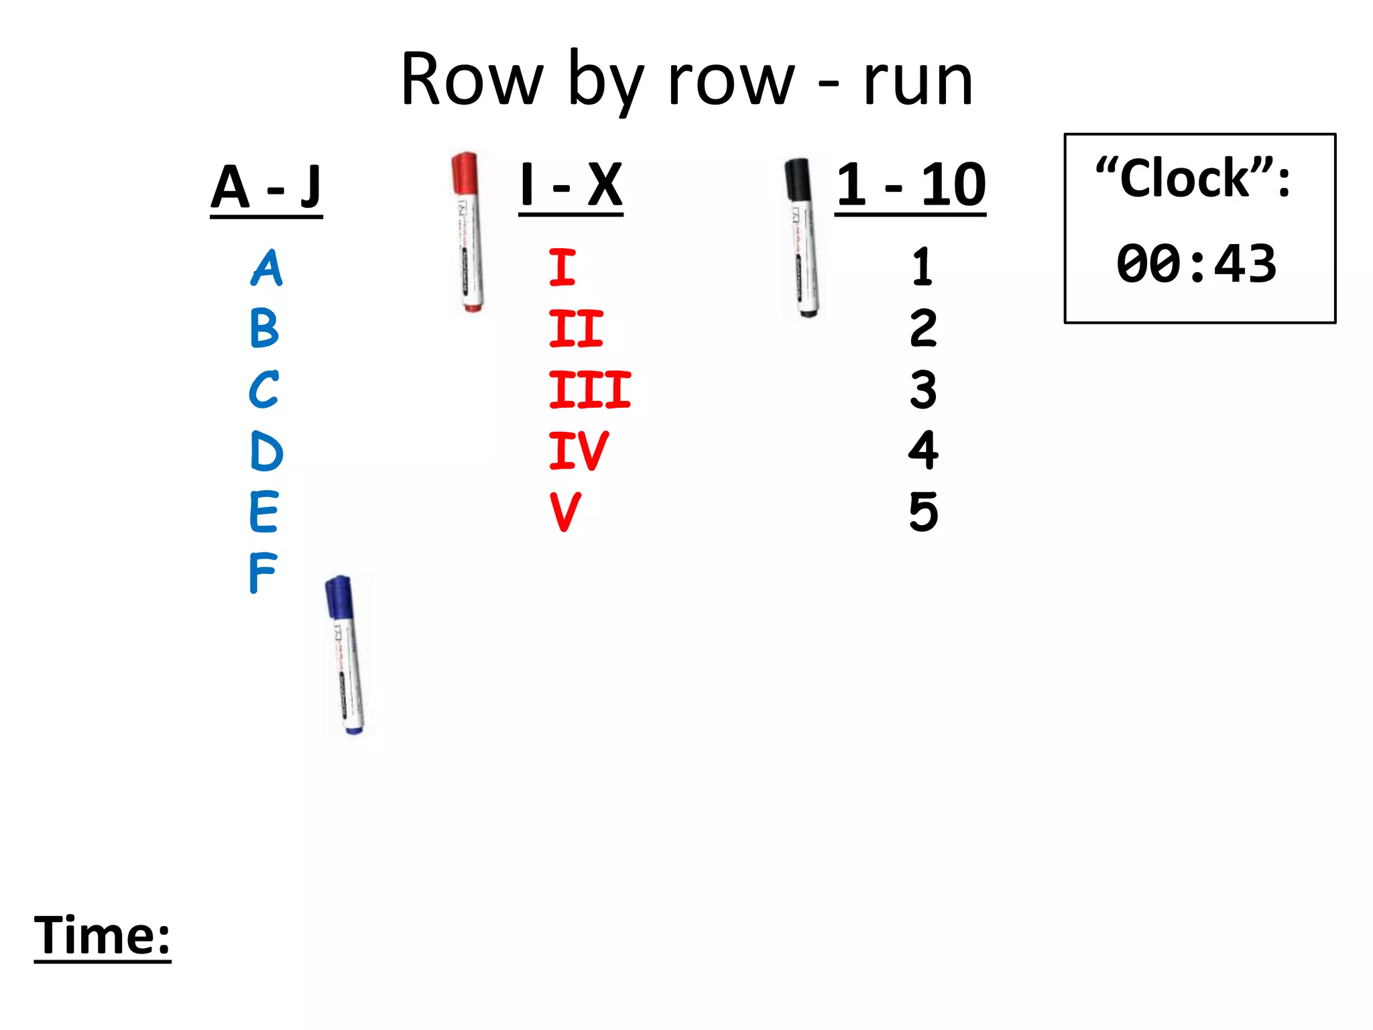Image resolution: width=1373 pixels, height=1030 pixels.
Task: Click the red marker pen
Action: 468,231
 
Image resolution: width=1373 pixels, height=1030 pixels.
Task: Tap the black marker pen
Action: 802,237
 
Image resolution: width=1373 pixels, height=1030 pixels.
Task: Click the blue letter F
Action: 262,573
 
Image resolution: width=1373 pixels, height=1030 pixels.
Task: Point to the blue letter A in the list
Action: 267,268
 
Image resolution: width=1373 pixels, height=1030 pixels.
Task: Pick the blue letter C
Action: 263,390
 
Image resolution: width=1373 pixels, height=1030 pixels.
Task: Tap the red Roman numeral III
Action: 589,390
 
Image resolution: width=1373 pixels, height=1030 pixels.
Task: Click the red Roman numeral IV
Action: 578,451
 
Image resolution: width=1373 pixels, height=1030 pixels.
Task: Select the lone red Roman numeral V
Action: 565,512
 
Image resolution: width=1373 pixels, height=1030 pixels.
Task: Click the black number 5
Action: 923,512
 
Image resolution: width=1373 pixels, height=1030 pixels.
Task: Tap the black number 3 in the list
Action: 923,390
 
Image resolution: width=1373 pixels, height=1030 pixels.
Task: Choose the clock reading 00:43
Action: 1196,264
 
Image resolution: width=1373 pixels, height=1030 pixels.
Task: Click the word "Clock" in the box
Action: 1185,179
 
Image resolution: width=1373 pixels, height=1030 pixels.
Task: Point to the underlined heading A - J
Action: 266,188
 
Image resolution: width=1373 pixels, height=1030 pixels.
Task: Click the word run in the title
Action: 918,82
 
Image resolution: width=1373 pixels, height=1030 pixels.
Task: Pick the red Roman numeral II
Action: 576,329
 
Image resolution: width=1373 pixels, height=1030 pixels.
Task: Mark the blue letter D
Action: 266,451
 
